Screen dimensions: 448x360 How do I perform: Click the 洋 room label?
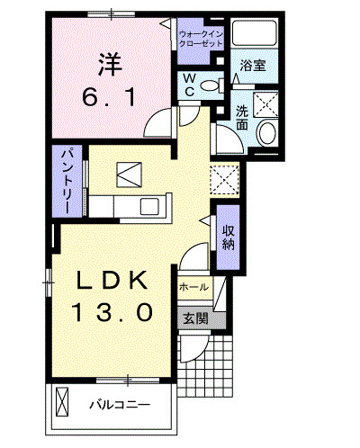pyautogui.click(x=110, y=64)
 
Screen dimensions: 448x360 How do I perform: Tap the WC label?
pyautogui.click(x=190, y=84)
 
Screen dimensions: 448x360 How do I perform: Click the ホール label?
pyautogui.click(x=194, y=287)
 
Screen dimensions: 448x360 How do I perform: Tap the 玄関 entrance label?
pyautogui.click(x=196, y=318)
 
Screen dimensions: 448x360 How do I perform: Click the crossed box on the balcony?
pyautogui.click(x=64, y=399)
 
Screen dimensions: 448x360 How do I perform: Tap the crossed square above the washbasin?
pyautogui.click(x=266, y=103)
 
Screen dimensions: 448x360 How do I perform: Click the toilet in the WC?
pyautogui.click(x=211, y=86)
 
